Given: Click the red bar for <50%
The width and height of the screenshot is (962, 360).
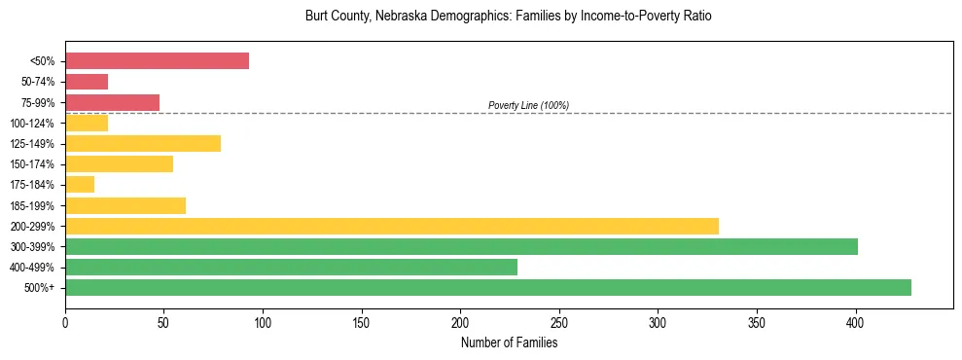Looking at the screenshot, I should click(157, 61).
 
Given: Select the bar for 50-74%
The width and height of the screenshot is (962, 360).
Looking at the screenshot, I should click(87, 82).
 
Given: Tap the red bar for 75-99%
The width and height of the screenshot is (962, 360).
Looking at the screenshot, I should click(112, 102).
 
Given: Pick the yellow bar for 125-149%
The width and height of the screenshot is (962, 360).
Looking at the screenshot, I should click(143, 144).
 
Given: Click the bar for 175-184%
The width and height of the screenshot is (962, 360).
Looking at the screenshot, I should click(80, 185).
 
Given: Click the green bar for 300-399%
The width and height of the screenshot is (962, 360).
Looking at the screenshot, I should click(461, 247).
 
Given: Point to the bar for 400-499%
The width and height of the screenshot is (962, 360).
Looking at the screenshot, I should click(291, 268).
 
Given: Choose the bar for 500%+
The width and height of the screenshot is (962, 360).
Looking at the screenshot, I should click(487, 288).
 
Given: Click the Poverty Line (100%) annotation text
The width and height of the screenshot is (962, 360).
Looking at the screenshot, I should click(528, 105).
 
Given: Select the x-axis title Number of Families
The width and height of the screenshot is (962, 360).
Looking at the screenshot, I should click(509, 342).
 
